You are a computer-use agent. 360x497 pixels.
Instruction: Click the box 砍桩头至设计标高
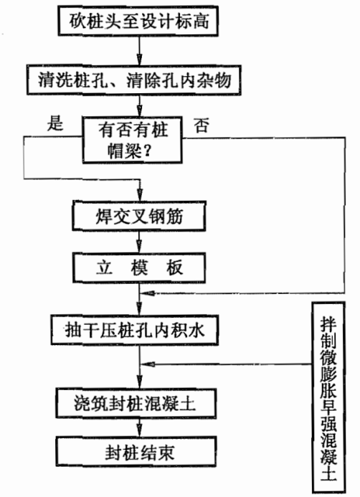click(x=138, y=21)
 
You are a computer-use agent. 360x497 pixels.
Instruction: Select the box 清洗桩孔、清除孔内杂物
click(x=133, y=80)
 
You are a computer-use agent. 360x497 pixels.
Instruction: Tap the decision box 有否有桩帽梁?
click(x=132, y=140)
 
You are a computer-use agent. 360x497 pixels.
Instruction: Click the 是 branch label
click(x=55, y=123)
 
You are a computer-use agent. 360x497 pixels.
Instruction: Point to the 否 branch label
click(x=202, y=126)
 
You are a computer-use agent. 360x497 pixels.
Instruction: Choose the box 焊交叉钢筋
click(x=139, y=216)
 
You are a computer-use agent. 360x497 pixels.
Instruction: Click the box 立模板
click(x=139, y=268)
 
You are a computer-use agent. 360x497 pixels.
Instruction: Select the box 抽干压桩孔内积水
click(x=135, y=330)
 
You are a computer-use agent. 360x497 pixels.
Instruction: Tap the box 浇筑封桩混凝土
click(x=136, y=403)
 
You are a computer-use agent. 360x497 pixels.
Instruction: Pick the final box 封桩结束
click(x=136, y=452)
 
